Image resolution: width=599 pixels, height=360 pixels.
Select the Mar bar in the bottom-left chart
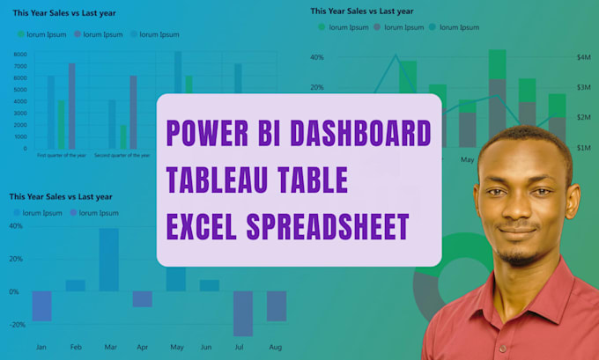coord(108,260)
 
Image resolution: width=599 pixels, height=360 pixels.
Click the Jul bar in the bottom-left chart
coord(243,313)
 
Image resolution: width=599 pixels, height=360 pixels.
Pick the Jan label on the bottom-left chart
coord(41,348)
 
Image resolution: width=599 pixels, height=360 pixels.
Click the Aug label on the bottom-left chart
coord(277,348)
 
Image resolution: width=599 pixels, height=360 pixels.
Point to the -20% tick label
coord(15,325)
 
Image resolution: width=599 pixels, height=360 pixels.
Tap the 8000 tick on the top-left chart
coord(20,55)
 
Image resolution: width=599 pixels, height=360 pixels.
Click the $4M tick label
coord(583,57)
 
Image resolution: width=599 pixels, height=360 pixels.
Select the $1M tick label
coord(583,148)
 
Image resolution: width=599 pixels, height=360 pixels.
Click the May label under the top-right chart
coord(468,160)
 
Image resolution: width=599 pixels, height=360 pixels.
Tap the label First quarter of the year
coord(61,156)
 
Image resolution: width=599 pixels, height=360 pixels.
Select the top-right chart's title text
coord(361,11)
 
